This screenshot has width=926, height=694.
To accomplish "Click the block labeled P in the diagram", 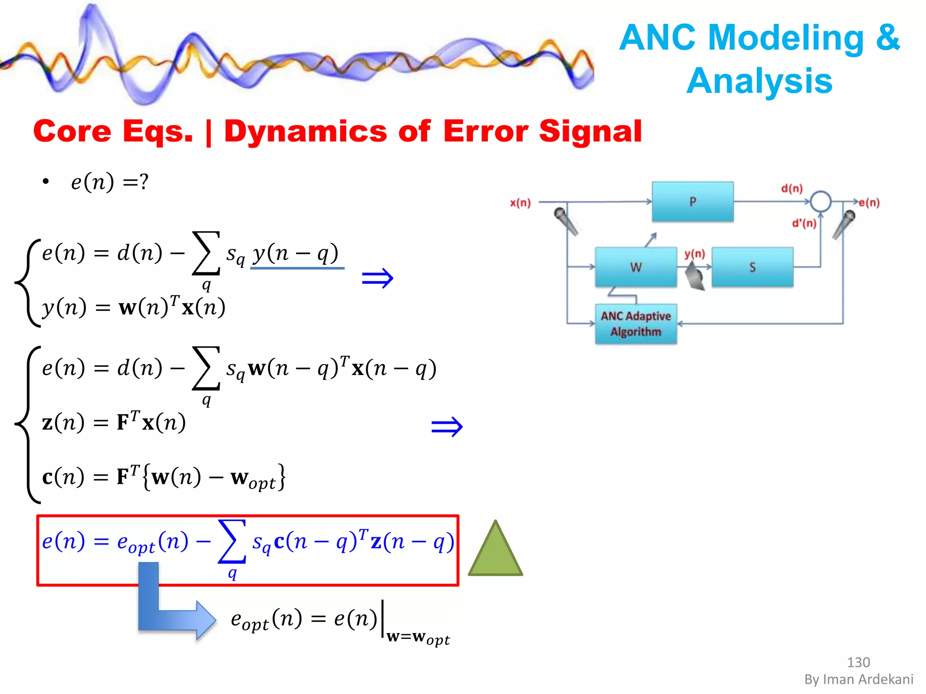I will (x=692, y=202).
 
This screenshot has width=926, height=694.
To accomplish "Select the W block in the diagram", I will (x=636, y=267).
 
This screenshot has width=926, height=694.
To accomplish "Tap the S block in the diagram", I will (x=752, y=267).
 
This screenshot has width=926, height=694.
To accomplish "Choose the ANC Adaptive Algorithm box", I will (x=636, y=324).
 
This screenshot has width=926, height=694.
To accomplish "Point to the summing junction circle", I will (x=820, y=202).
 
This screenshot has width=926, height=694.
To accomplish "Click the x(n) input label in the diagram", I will (x=520, y=203).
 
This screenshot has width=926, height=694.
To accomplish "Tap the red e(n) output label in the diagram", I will (x=869, y=203).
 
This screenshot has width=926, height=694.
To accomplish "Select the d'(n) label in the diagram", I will (x=804, y=223).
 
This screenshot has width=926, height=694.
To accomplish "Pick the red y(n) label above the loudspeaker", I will (x=694, y=254).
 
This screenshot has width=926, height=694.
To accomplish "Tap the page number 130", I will (x=858, y=662).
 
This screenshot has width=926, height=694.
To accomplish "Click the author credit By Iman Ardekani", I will (x=859, y=680).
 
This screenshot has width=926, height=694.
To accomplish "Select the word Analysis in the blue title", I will (x=760, y=81).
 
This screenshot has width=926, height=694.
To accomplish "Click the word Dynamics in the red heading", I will (x=306, y=131).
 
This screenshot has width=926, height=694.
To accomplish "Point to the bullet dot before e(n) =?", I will (x=45, y=182).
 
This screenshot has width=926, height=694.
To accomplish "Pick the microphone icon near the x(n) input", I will (x=566, y=221).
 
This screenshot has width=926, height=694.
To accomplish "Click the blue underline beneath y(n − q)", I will (x=297, y=268).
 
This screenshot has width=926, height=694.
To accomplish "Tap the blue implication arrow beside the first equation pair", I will (x=378, y=278).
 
